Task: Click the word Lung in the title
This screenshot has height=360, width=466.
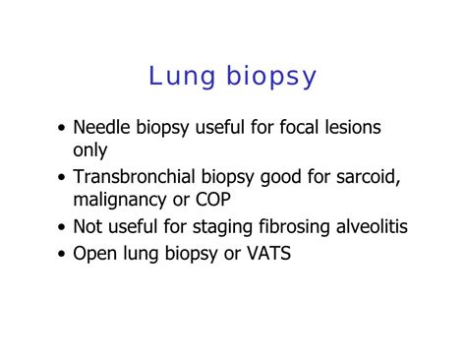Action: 176,76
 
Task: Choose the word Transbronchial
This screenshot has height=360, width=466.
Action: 139,177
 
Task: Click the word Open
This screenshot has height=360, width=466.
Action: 93,254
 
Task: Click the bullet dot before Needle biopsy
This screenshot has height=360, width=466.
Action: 63,129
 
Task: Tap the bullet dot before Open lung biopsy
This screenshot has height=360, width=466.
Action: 63,254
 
